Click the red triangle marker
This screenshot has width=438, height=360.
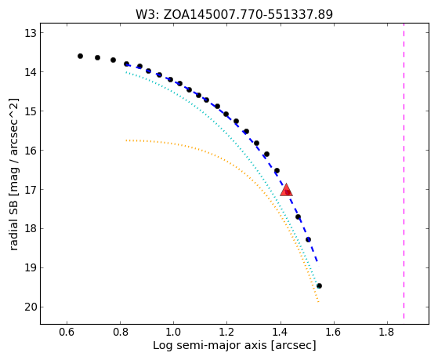tap(286, 190)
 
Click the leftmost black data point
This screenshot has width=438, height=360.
tap(80, 56)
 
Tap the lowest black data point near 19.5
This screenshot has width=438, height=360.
tap(319, 285)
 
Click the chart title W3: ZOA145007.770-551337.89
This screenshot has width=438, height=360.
tap(234, 15)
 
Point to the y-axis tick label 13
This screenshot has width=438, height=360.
tap(31, 33)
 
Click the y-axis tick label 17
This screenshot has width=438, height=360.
tap(31, 190)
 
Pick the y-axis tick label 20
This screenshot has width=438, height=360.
tap(31, 307)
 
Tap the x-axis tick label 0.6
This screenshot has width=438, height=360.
tap(67, 332)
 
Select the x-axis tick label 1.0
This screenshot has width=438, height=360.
tap(173, 332)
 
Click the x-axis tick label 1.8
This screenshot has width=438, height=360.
tap(387, 332)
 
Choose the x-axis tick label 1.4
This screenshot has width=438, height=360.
tap(281, 332)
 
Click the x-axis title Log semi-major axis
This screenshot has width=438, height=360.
tap(210, 346)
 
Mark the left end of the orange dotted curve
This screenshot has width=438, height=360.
tap(126, 140)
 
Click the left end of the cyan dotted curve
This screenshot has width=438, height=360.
tap(126, 72)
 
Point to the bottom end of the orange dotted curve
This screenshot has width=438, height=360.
tap(318, 301)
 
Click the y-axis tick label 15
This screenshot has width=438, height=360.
tap(31, 111)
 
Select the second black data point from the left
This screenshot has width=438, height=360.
tap(97, 57)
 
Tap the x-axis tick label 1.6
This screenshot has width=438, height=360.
tap(334, 332)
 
